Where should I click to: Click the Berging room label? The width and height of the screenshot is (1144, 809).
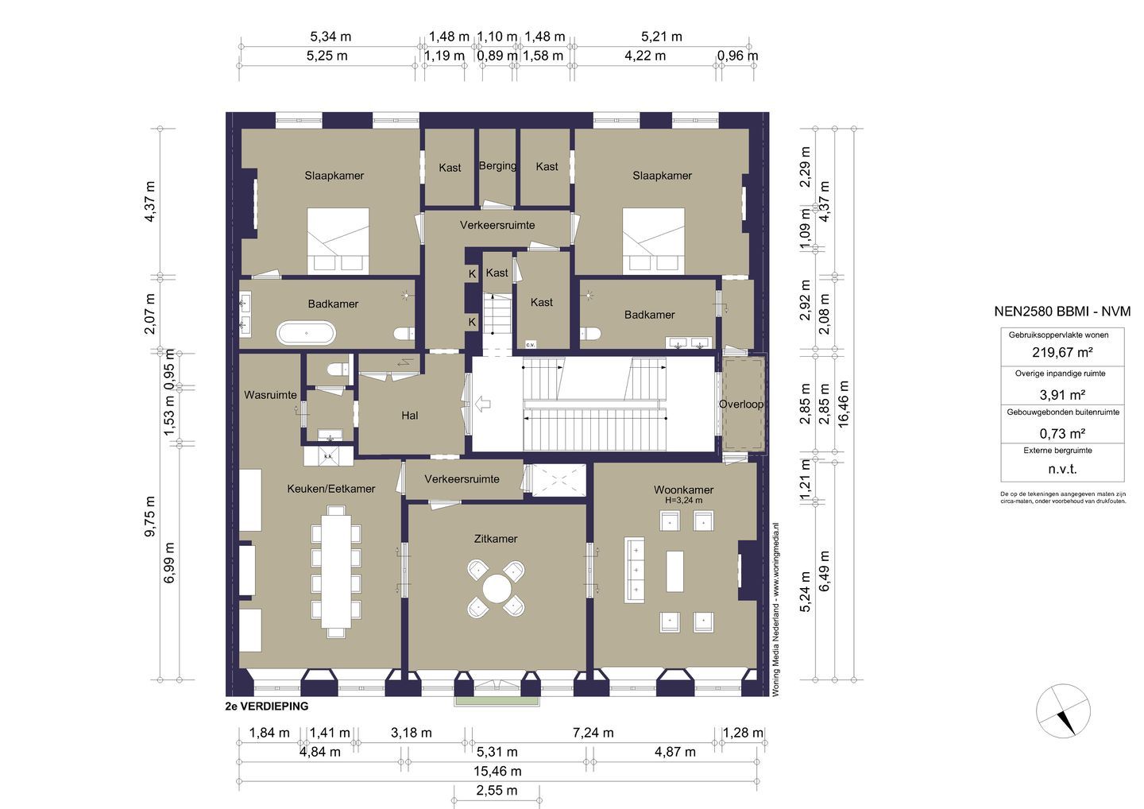[497, 166]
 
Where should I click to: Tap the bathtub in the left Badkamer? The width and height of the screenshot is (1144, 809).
[307, 333]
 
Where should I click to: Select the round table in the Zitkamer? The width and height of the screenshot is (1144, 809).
[497, 589]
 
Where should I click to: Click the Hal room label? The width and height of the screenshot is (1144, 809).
[410, 416]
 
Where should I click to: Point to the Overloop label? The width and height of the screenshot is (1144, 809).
[741, 404]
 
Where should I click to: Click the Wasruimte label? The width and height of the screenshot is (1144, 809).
[270, 395]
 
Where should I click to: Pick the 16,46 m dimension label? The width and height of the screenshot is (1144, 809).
[843, 404]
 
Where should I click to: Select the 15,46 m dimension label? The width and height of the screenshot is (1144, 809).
[497, 771]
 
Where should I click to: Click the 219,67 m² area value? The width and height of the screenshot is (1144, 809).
[1062, 352]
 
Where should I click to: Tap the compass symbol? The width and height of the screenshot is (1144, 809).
[1063, 711]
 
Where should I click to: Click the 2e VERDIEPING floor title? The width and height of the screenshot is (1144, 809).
[267, 706]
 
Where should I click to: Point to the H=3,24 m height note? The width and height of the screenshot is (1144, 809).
[683, 501]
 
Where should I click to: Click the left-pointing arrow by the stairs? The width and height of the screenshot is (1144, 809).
[483, 404]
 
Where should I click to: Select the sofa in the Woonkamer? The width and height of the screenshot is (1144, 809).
[633, 570]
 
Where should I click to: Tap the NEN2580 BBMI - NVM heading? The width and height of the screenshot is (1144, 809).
[1062, 311]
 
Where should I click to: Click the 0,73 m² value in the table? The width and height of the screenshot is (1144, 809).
[1062, 434]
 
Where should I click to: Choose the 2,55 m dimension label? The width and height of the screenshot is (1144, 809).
[497, 790]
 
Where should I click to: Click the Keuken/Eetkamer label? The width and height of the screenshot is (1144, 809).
[331, 489]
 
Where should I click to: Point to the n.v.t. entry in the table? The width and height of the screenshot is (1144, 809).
[1062, 469]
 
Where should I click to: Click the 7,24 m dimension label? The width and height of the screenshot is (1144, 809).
[593, 733]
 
